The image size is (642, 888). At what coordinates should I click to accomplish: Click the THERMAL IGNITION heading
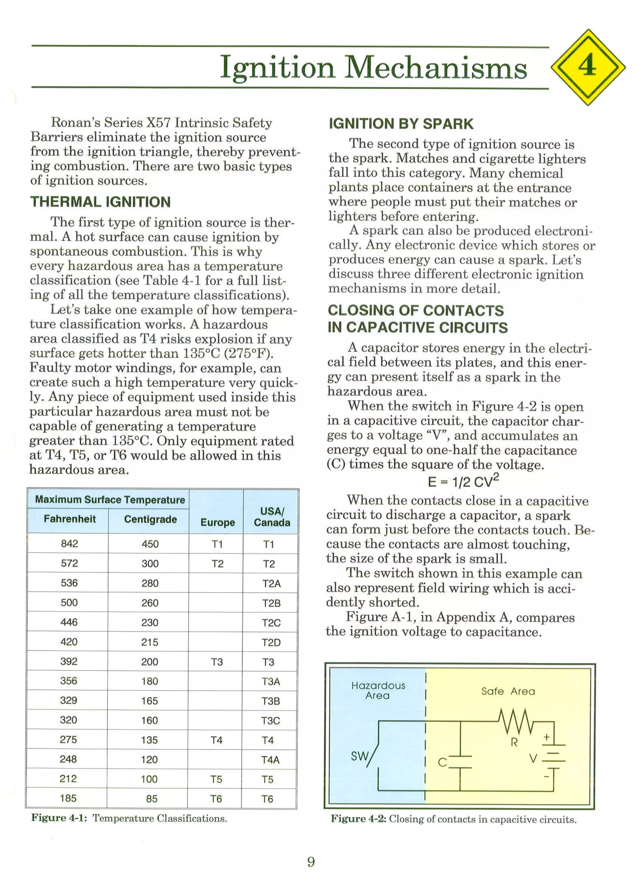[x=101, y=202]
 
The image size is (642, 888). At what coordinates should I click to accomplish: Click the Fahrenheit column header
[x=70, y=519]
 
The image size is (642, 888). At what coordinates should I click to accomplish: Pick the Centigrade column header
[x=150, y=519]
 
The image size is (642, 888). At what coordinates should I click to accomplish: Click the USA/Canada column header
[x=272, y=517]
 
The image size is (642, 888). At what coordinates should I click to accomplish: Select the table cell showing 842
[x=69, y=544]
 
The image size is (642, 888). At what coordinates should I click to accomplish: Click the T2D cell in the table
[x=271, y=642]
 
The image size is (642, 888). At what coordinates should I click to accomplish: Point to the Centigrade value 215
[x=150, y=642]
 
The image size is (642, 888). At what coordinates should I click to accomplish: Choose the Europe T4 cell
[x=216, y=740]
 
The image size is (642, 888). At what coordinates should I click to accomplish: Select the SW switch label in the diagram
[x=359, y=756]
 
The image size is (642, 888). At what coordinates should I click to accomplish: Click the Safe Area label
[x=508, y=691]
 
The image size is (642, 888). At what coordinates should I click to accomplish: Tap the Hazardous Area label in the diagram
[x=378, y=690]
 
